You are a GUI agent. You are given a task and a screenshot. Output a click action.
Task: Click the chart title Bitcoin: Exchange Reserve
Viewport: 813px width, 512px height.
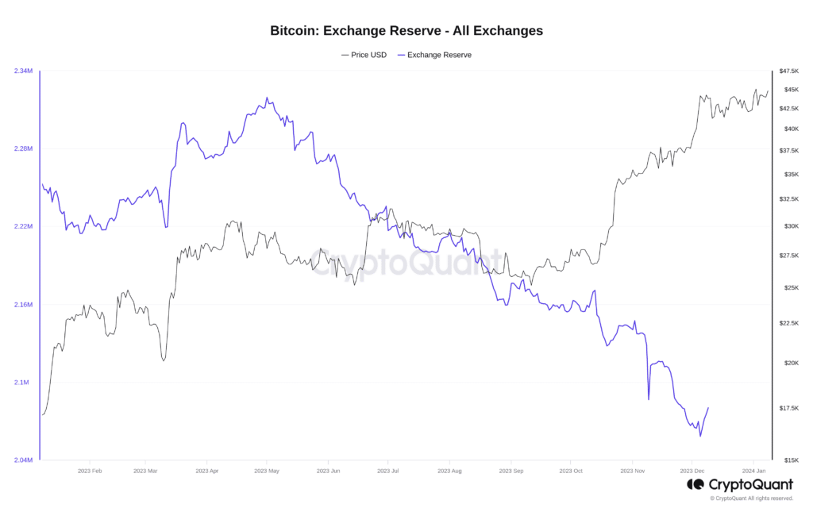click(x=406, y=31)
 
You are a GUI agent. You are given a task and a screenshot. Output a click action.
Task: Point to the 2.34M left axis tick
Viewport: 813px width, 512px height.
click(x=23, y=71)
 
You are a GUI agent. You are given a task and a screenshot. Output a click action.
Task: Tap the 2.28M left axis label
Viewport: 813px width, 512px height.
click(x=23, y=149)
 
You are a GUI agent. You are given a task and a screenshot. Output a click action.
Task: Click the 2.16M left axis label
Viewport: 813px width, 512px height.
click(x=23, y=305)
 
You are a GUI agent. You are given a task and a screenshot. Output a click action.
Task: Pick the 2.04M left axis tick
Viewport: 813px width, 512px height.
click(x=23, y=460)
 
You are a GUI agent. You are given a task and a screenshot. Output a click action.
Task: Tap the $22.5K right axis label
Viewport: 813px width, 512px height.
click(x=788, y=323)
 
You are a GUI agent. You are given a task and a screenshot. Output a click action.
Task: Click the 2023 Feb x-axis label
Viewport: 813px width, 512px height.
click(x=90, y=471)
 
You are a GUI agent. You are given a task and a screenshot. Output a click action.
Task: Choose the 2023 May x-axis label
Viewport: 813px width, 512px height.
click(x=267, y=471)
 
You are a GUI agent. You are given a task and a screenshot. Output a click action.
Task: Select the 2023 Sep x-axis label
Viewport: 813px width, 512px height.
click(x=511, y=471)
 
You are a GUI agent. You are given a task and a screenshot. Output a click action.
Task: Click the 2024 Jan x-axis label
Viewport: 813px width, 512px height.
click(x=753, y=471)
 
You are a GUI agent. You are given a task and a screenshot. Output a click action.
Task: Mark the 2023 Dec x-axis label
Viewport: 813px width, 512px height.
click(x=692, y=471)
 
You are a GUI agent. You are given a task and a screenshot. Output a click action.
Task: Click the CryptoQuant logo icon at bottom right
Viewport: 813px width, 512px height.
click(x=695, y=483)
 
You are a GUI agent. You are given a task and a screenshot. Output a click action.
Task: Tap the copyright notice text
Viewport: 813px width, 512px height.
click(x=751, y=499)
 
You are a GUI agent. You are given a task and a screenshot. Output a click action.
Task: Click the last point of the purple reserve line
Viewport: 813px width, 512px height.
click(x=707, y=408)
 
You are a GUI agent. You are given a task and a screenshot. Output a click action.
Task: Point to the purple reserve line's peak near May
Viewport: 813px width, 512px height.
click(x=267, y=98)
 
